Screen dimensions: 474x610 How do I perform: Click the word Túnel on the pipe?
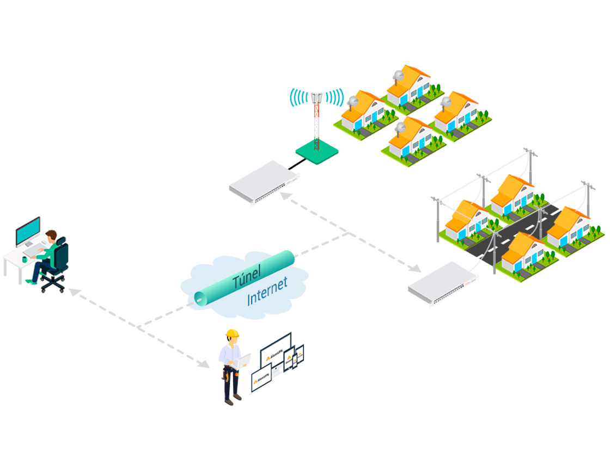tap(247, 277)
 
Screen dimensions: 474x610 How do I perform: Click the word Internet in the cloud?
tap(267, 293)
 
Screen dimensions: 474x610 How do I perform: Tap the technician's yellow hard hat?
tap(233, 333)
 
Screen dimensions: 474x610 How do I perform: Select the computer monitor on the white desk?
tap(28, 231)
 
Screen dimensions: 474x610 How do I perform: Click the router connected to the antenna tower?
tap(265, 182)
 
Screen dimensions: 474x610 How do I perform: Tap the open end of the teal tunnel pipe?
tap(202, 297)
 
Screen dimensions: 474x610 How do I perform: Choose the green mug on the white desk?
tap(25, 259)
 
